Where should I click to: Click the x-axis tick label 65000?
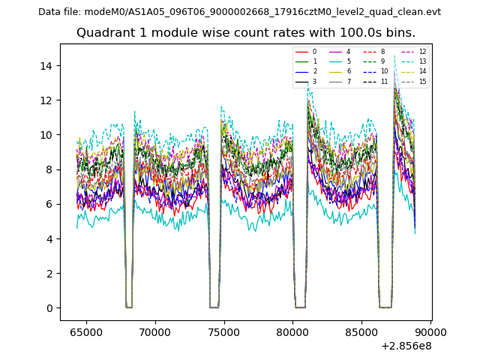tap(86, 331)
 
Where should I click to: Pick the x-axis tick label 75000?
tap(223, 331)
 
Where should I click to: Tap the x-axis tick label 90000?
tap(430, 331)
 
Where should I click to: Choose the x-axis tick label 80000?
tap(292, 331)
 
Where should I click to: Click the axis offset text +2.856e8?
tap(406, 346)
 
